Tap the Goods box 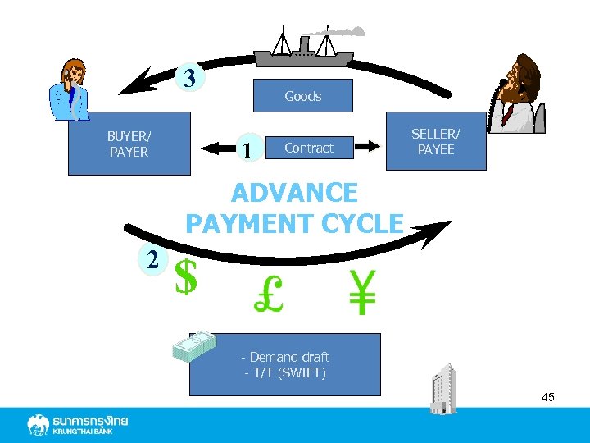(302, 96)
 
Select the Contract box (308, 148)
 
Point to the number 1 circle (246, 148)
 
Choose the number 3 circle (189, 79)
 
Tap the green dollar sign (187, 276)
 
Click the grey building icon (443, 387)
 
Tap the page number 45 (547, 397)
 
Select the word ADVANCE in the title (294, 194)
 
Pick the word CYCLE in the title (363, 222)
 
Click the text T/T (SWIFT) (285, 373)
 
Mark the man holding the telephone (521, 92)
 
